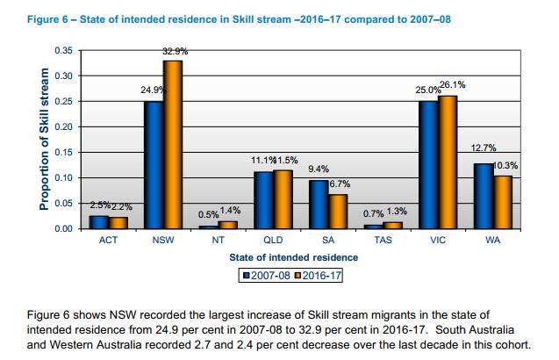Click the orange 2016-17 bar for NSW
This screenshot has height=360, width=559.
[x=174, y=145]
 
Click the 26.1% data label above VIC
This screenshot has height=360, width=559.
[x=453, y=85]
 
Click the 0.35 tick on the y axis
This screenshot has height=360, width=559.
[x=63, y=50]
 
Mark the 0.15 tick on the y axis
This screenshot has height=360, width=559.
[x=63, y=152]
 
